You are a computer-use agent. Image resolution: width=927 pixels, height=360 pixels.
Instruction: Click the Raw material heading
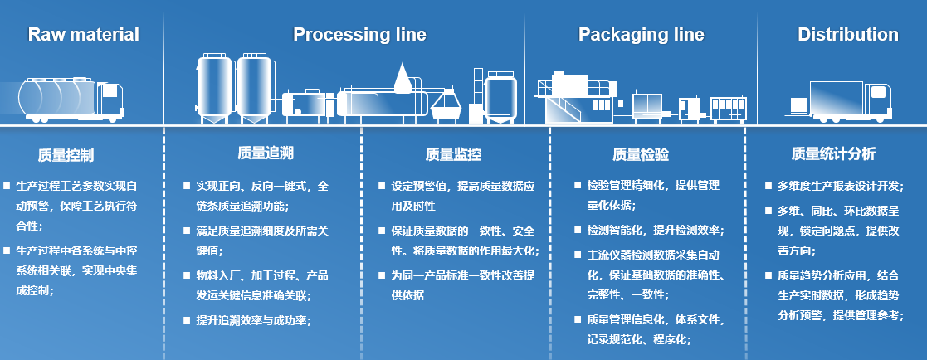tap(83, 35)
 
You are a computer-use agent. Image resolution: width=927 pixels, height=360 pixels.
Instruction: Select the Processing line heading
tap(359, 35)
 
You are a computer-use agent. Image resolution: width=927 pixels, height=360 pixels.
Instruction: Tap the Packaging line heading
tap(641, 35)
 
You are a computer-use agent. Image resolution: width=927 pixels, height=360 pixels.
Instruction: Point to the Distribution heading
tap(847, 35)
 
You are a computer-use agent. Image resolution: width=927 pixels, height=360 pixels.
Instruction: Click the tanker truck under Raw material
tap(71, 99)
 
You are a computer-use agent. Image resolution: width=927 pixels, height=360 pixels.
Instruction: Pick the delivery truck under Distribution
tap(846, 99)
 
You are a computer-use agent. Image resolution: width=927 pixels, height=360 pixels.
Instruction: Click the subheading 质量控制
tap(66, 155)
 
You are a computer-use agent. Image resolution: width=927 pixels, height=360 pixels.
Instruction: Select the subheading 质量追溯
tap(265, 153)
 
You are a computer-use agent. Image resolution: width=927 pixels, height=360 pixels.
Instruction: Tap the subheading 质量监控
tap(453, 155)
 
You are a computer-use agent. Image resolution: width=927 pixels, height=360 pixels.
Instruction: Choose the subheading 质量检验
tap(640, 155)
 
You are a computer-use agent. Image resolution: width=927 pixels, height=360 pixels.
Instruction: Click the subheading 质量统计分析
tap(833, 155)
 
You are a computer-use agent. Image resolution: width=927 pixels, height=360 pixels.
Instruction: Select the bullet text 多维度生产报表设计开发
tap(840, 185)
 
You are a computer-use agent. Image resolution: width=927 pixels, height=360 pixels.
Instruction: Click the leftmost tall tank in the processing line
tap(215, 88)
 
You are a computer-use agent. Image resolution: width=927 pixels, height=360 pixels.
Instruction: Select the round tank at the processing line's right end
tap(501, 95)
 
